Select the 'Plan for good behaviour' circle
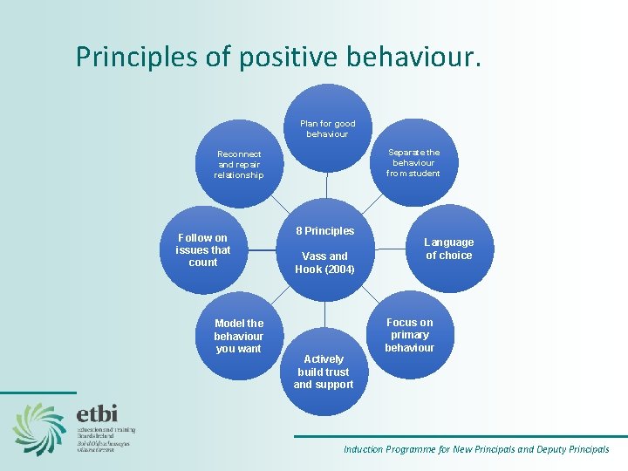point(327,128)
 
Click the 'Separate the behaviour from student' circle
point(413,162)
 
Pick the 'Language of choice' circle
point(449,249)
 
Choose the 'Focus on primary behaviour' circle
point(409,335)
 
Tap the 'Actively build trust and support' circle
point(324,372)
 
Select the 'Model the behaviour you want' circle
point(238,336)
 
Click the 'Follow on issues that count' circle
point(203,249)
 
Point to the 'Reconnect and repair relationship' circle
point(238,164)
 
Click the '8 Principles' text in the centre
point(324,231)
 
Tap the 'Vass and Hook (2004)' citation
point(324,263)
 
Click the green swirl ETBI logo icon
point(39,427)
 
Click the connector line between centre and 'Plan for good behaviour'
point(327,188)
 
